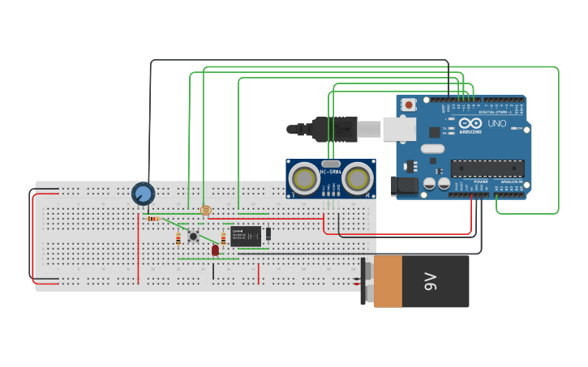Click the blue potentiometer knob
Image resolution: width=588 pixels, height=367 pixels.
click(143, 194)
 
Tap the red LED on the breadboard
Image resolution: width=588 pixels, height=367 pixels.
click(215, 250)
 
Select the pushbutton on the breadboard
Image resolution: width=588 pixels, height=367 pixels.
click(193, 237)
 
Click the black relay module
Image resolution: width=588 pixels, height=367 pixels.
click(246, 237)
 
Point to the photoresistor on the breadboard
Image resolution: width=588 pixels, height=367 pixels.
click(205, 211)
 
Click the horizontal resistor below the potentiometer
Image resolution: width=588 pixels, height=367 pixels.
click(153, 218)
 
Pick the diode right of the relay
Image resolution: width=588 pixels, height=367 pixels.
click(268, 234)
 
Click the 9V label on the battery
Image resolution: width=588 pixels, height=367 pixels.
click(430, 281)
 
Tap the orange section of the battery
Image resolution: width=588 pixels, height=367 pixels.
click(388, 281)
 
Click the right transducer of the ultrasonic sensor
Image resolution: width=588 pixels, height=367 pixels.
click(357, 178)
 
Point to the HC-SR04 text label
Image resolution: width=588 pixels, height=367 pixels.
click(331, 172)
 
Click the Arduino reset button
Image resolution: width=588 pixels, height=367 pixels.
click(409, 105)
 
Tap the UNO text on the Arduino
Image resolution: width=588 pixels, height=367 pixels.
click(496, 124)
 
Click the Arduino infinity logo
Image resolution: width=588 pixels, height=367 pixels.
click(470, 124)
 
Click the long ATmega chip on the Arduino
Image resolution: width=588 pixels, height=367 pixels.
click(487, 168)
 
